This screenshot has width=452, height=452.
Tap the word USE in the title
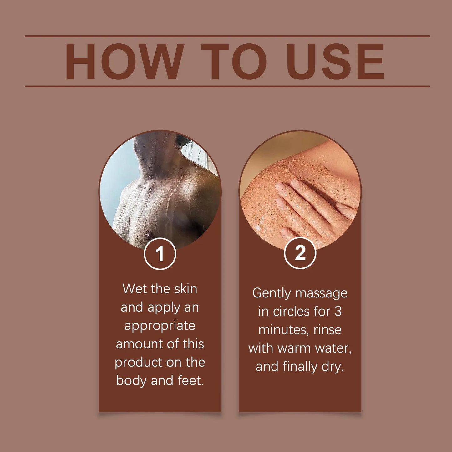335,62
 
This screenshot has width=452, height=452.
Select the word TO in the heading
234,62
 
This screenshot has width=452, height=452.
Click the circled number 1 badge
160,253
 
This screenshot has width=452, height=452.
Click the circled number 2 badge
300,253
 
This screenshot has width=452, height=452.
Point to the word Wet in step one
135,288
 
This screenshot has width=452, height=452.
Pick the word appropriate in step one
160,326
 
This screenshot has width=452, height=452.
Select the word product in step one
138,363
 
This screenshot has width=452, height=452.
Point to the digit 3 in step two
338,312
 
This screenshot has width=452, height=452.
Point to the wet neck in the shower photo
153,156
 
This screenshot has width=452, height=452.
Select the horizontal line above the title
227,36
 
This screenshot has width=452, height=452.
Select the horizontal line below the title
227,86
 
